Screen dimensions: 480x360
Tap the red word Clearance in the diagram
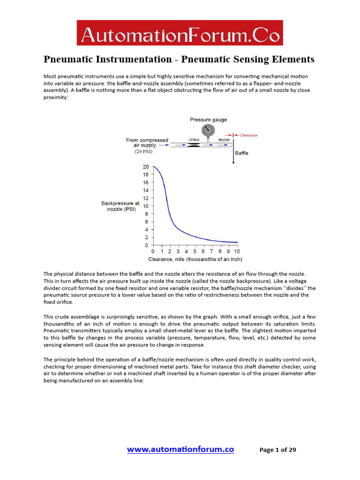248,135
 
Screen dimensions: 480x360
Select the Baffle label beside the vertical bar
241,153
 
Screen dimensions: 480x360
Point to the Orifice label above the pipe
194,140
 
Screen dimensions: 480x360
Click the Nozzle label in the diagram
224,140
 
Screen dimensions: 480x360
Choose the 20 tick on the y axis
146,167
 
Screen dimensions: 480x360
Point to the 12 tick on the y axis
146,198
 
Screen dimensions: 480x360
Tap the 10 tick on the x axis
237,252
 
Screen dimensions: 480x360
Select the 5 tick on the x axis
195,252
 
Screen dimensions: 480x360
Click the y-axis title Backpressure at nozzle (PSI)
120,206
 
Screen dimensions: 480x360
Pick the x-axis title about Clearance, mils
195,259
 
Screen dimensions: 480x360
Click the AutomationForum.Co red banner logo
180,33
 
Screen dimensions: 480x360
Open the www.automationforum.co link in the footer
180,450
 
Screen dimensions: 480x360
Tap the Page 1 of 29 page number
277,450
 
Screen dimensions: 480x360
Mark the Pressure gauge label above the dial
208,120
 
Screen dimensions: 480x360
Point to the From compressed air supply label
147,142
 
